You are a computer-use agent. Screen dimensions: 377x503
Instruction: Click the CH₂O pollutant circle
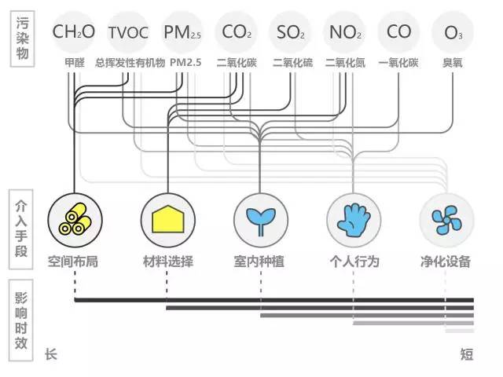click(73, 32)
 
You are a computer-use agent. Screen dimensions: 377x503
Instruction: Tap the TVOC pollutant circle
click(127, 33)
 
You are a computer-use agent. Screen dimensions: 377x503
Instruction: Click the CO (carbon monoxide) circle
click(399, 33)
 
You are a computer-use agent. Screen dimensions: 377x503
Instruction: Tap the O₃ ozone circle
click(453, 33)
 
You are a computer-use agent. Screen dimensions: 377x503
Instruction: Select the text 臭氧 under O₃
click(453, 62)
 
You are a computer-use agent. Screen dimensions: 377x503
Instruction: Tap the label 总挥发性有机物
click(130, 62)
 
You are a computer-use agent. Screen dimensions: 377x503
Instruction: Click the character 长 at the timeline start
click(51, 355)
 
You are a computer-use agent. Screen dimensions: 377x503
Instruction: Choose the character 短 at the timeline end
click(467, 355)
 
